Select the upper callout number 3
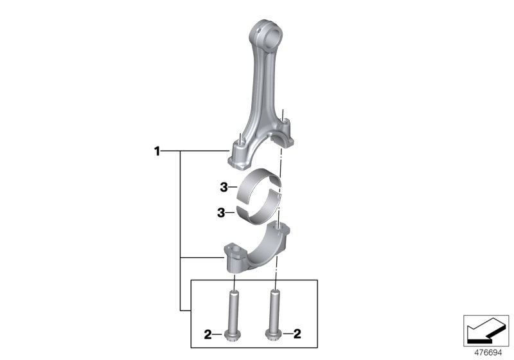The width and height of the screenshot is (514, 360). tap(223, 188)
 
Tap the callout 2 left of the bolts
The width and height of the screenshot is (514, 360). tap(208, 334)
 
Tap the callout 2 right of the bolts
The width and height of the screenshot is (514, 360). tap(296, 334)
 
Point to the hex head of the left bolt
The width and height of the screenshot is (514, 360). tap(233, 334)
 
